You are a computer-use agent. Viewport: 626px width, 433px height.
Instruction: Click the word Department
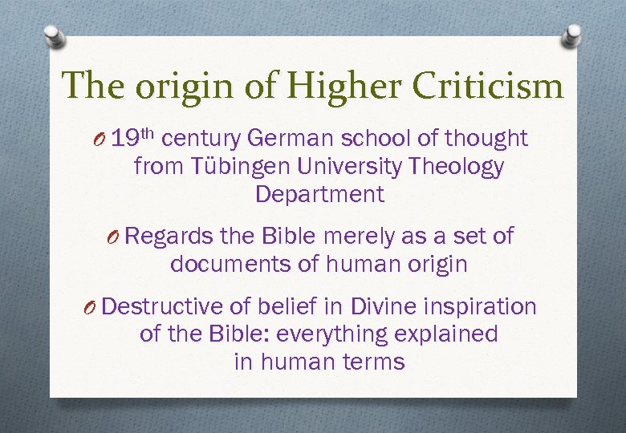319,194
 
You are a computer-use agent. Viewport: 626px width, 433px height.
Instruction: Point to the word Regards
168,237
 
